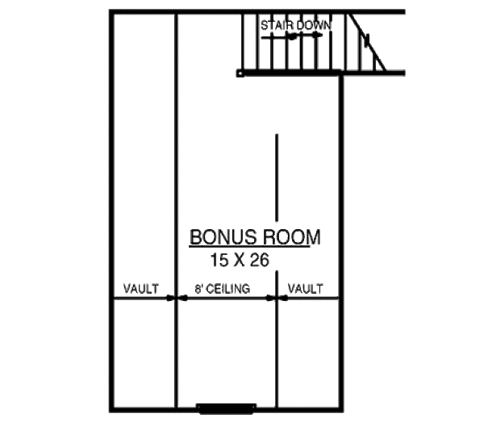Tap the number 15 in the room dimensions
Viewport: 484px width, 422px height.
coord(219,260)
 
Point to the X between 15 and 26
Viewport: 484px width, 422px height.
coord(238,260)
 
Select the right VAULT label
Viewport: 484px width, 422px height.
coord(306,288)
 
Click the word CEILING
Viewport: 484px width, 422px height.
coord(229,288)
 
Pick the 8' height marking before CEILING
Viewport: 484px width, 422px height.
coord(198,288)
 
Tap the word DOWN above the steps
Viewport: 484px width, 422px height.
coord(314,26)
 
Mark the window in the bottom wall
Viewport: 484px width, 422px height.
coord(227,408)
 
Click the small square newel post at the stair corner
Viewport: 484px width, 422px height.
coord(240,73)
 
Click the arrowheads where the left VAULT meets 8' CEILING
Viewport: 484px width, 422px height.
coord(176,299)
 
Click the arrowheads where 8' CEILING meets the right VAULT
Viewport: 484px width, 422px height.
coord(277,299)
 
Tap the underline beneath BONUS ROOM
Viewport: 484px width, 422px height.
coord(250,247)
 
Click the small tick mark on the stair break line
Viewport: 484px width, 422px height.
coord(366,38)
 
